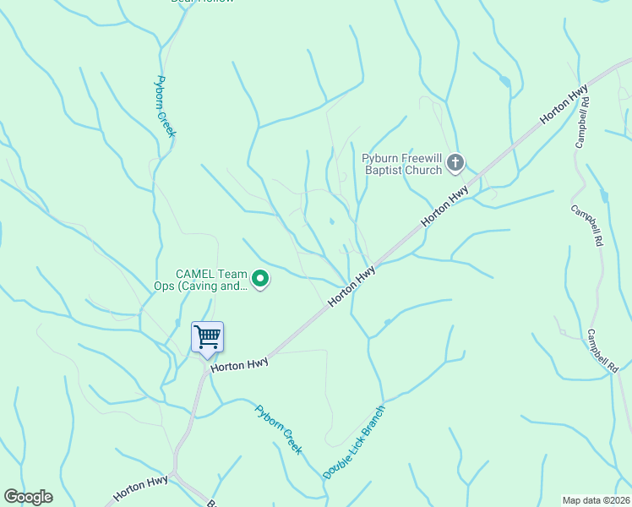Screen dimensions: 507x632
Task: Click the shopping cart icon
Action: point(207,337)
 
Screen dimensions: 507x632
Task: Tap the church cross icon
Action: point(455,162)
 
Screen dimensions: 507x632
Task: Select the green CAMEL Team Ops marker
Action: point(261,278)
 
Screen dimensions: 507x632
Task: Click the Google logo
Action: point(28,497)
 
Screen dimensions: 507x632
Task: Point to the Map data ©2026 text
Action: point(597,500)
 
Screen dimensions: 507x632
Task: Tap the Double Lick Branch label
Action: point(354,443)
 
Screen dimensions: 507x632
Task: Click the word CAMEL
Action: point(194,274)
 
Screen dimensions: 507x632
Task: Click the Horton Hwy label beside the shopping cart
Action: point(239,364)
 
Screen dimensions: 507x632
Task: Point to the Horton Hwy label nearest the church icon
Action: point(445,205)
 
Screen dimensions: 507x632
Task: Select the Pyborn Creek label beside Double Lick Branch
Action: point(278,429)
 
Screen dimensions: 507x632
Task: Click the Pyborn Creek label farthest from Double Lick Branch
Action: point(165,106)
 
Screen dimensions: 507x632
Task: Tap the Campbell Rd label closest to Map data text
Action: point(604,351)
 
